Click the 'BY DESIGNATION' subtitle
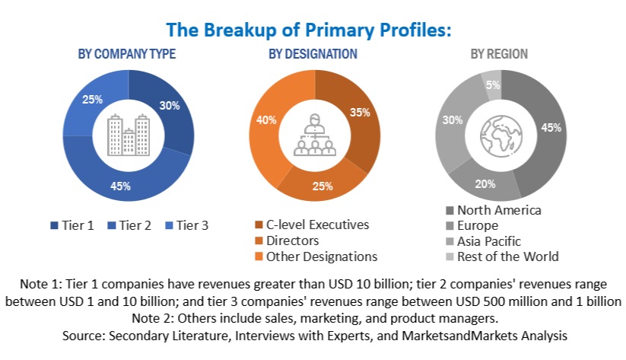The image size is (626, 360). pyautogui.click(x=313, y=54)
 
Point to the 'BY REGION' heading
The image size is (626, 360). pyautogui.click(x=499, y=54)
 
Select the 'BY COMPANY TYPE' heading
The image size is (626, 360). pyautogui.click(x=127, y=54)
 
